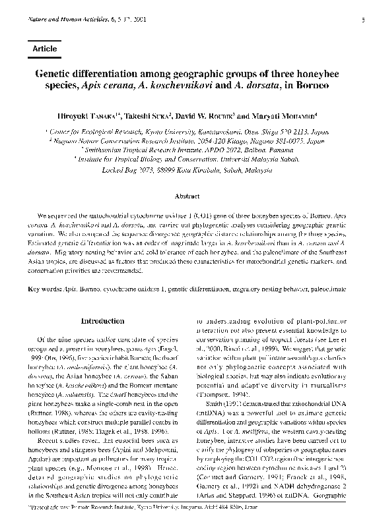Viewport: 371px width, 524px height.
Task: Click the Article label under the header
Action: [44, 49]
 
